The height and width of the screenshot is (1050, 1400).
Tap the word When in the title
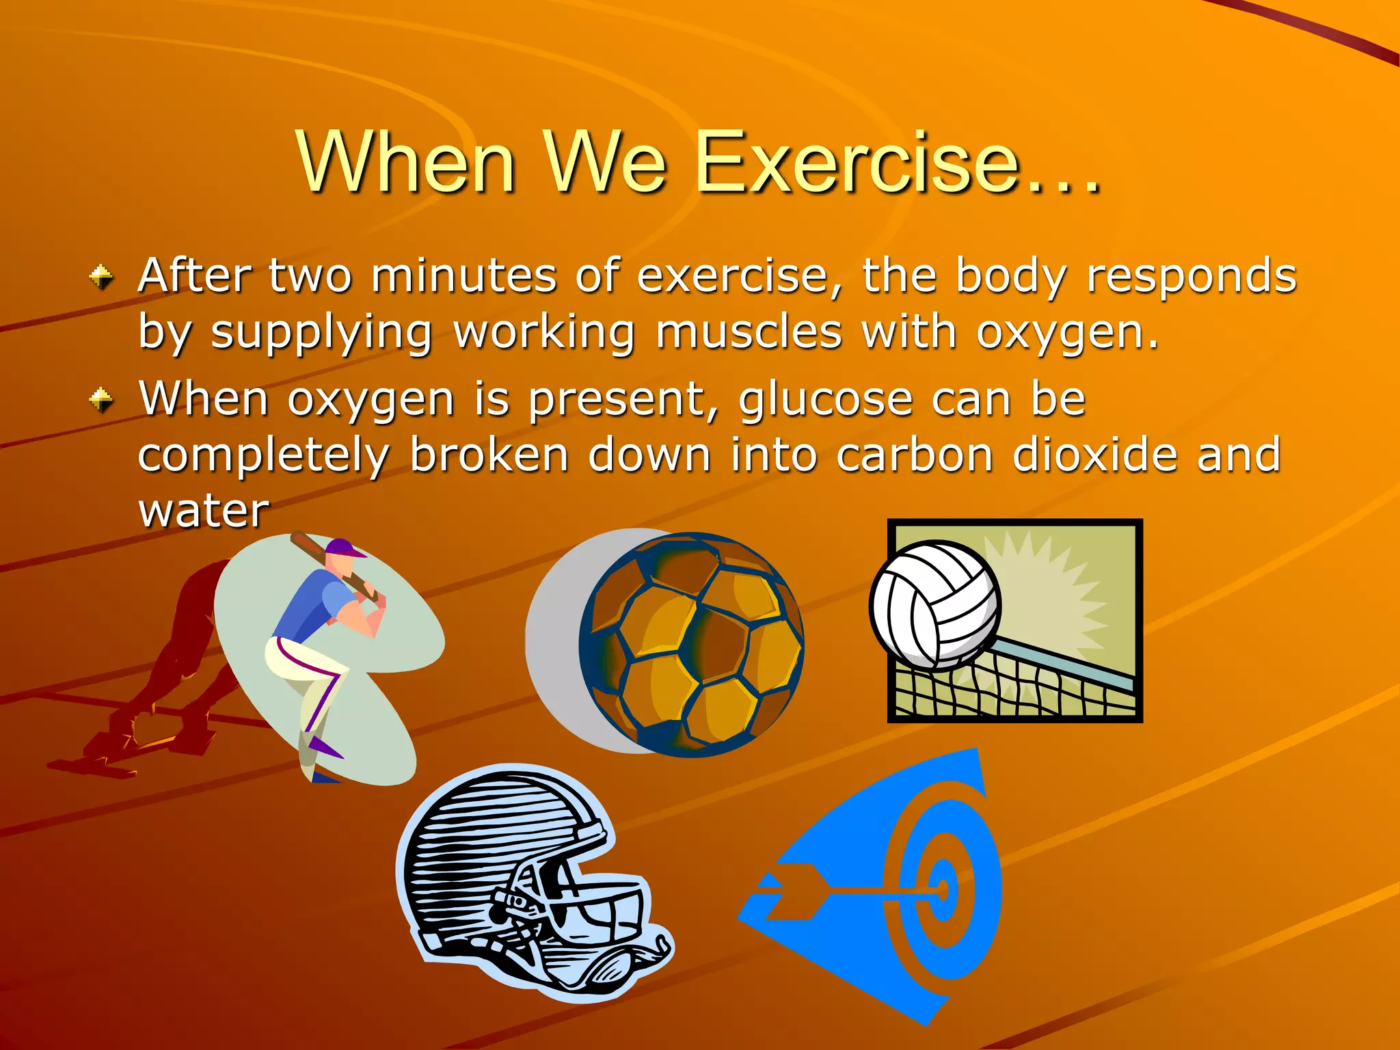[407, 163]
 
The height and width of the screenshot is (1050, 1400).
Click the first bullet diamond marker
[102, 277]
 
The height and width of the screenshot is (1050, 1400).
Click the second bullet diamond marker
[102, 400]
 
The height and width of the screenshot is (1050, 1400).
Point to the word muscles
[748, 332]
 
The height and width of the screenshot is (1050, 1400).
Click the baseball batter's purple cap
[345, 548]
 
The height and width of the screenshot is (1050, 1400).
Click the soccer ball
[690, 644]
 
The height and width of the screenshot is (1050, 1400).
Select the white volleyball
[934, 603]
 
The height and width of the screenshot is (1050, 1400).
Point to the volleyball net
[1012, 690]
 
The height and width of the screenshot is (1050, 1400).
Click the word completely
[264, 456]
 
